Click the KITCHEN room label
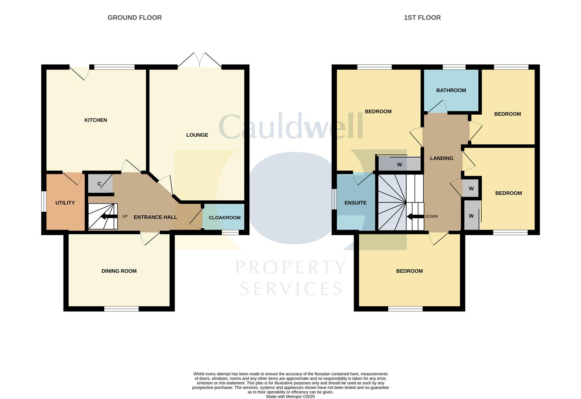(96, 120)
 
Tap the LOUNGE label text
(197, 135)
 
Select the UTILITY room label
(65, 203)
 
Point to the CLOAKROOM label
(225, 218)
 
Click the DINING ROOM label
(119, 271)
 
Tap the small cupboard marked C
(99, 184)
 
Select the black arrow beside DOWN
(415, 216)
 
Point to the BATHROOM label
(451, 91)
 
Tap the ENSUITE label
(355, 203)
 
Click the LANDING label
(441, 158)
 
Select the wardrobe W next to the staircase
(399, 164)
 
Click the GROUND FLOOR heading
(134, 17)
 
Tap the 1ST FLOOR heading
(422, 17)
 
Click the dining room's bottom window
(121, 309)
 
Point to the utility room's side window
(44, 201)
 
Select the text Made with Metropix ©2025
(290, 396)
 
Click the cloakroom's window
(230, 232)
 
